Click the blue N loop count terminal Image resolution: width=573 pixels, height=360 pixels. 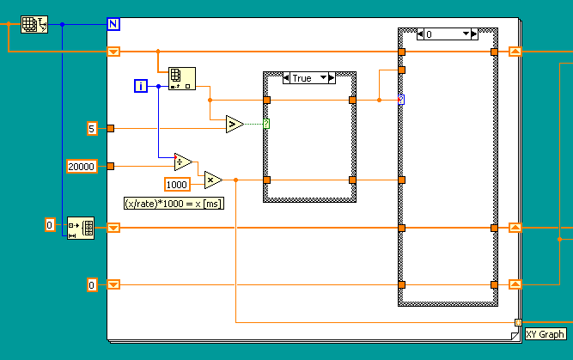tap(113, 24)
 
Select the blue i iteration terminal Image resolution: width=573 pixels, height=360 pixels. tap(142, 85)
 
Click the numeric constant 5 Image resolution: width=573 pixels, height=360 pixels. tap(92, 129)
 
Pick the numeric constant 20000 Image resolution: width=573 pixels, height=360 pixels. tap(81, 166)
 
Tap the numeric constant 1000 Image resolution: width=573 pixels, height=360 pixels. tap(178, 184)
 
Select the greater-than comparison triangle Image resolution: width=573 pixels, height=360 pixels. tap(234, 125)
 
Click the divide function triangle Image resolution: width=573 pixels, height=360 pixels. tap(183, 162)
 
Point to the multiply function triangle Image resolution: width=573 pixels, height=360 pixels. tap(212, 180)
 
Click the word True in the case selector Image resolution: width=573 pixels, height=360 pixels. tap(302, 78)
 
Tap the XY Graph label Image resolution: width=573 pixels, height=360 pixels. tap(545, 335)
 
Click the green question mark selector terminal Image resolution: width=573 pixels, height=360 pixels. tap(266, 125)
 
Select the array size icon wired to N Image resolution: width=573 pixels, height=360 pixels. tap(33, 24)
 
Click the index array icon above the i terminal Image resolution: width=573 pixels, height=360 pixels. tap(181, 78)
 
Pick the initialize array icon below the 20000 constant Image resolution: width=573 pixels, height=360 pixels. tap(81, 228)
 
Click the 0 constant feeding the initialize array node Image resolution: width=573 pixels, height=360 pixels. tap(50, 225)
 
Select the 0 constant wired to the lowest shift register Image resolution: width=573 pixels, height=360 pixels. tap(92, 284)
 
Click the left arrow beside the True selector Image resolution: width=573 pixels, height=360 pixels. tap(287, 78)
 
